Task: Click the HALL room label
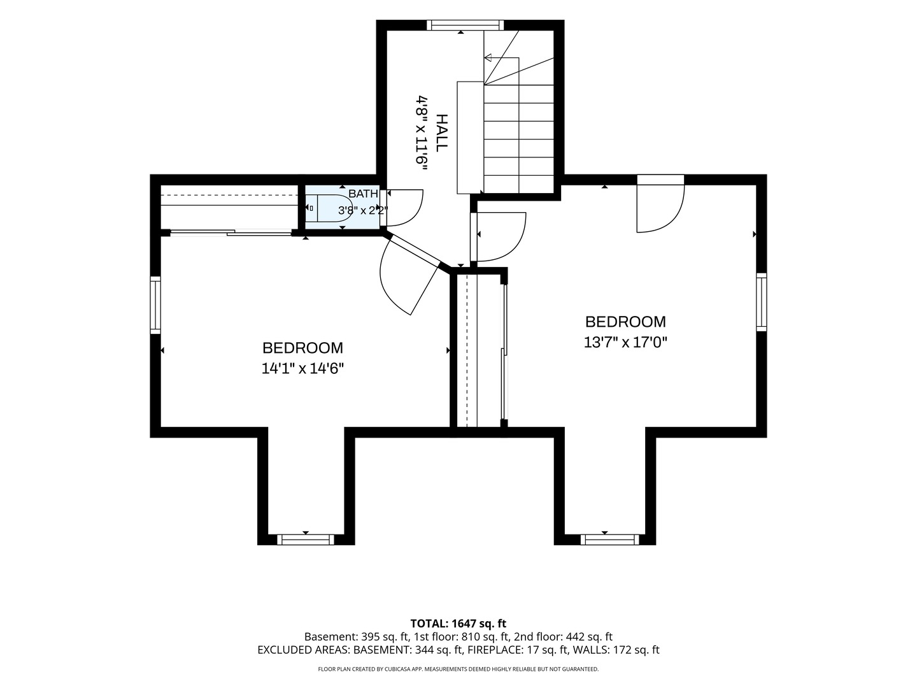click(441, 133)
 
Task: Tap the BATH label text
click(363, 194)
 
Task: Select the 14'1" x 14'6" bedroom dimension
click(302, 368)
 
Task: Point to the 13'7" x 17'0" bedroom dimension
click(625, 343)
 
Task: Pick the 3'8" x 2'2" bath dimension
click(362, 210)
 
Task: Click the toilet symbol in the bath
click(329, 208)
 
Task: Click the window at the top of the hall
click(465, 25)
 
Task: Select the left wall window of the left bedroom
click(155, 305)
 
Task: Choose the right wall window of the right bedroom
click(761, 302)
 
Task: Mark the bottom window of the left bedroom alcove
click(306, 540)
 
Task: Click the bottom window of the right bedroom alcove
click(610, 540)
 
